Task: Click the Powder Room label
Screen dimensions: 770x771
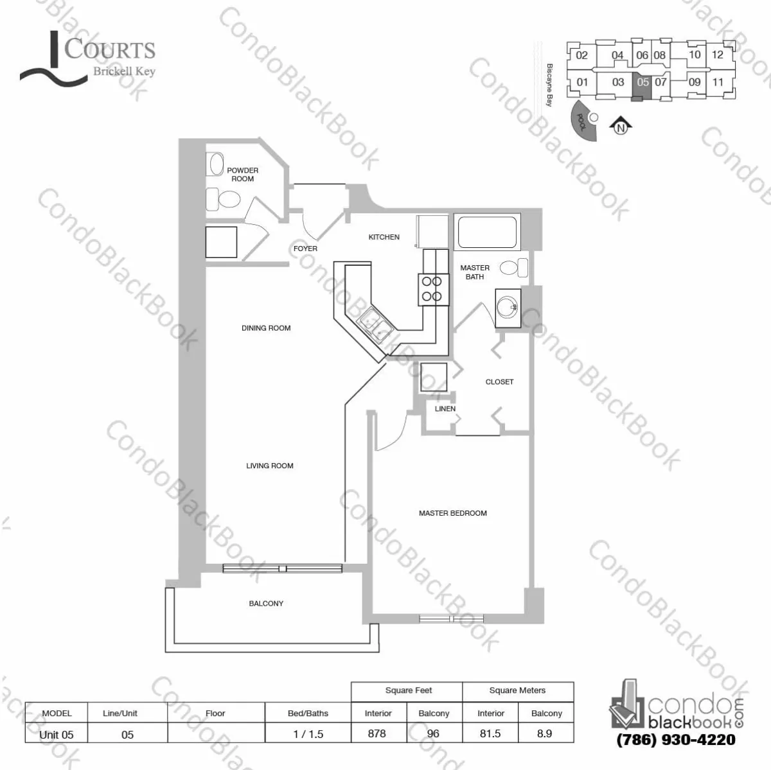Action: tap(242, 175)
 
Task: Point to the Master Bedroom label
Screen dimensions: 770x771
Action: tap(452, 513)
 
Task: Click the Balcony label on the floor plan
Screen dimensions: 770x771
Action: tap(266, 604)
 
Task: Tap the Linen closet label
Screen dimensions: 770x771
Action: tap(445, 408)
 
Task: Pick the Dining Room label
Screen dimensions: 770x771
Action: tap(266, 328)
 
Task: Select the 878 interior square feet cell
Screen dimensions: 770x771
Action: tap(377, 733)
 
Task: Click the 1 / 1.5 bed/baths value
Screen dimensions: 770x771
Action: tap(308, 733)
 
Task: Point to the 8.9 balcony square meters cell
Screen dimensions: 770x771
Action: tap(544, 733)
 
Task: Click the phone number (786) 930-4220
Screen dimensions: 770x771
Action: tap(675, 739)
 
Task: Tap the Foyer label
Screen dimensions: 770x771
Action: tap(305, 249)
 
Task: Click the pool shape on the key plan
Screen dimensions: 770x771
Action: tap(582, 122)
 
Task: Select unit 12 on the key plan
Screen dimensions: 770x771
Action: tap(718, 55)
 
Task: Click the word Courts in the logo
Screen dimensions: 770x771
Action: tap(110, 50)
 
